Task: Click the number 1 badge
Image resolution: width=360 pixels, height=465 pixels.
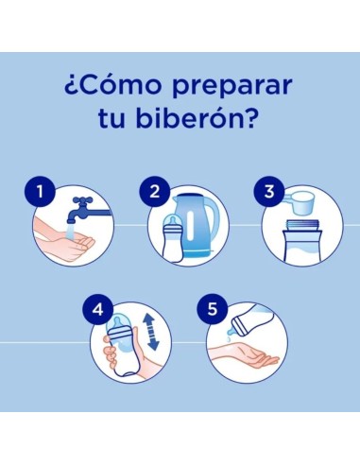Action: (40, 194)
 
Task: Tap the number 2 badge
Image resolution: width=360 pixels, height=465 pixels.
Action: (154, 194)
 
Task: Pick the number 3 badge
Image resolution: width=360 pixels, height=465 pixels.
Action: (269, 194)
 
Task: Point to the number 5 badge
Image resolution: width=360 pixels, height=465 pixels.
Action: (213, 308)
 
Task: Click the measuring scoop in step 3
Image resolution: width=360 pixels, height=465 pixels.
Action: (302, 206)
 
